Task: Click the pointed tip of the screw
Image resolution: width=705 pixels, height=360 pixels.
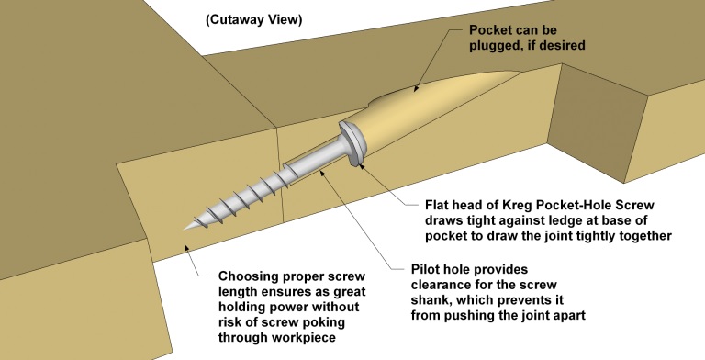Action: point(184,230)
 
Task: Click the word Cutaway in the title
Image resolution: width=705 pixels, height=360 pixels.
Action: point(236,20)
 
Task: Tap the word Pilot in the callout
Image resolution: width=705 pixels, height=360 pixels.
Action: point(425,269)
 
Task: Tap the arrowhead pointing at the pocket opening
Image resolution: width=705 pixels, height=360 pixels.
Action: point(416,88)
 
